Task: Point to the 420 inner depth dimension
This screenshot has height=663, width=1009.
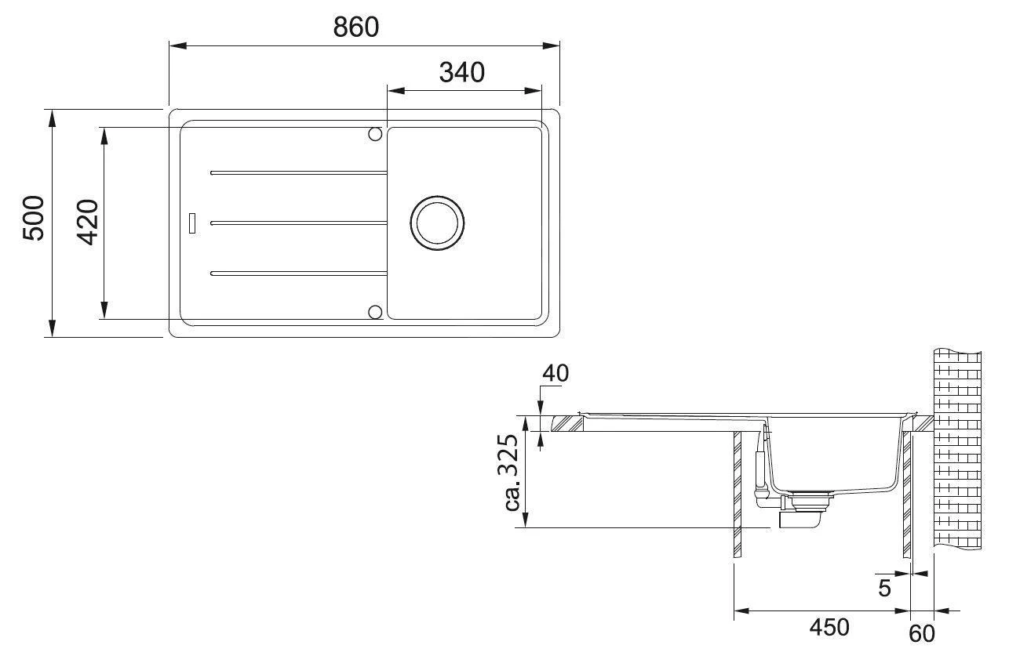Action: (88, 223)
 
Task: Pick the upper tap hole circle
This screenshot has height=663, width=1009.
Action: (375, 135)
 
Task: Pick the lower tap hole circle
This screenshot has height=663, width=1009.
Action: (375, 313)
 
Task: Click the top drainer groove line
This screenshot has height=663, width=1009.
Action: (298, 172)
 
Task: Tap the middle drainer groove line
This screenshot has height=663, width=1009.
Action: (298, 223)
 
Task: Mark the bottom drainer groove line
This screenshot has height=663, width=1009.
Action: (298, 274)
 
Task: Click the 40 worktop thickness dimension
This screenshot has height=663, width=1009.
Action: (555, 373)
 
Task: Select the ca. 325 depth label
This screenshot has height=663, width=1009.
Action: (512, 474)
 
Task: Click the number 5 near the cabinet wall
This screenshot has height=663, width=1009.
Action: (884, 588)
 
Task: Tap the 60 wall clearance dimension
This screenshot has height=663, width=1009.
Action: (922, 632)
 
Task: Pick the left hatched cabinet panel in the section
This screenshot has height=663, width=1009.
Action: (737, 494)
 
